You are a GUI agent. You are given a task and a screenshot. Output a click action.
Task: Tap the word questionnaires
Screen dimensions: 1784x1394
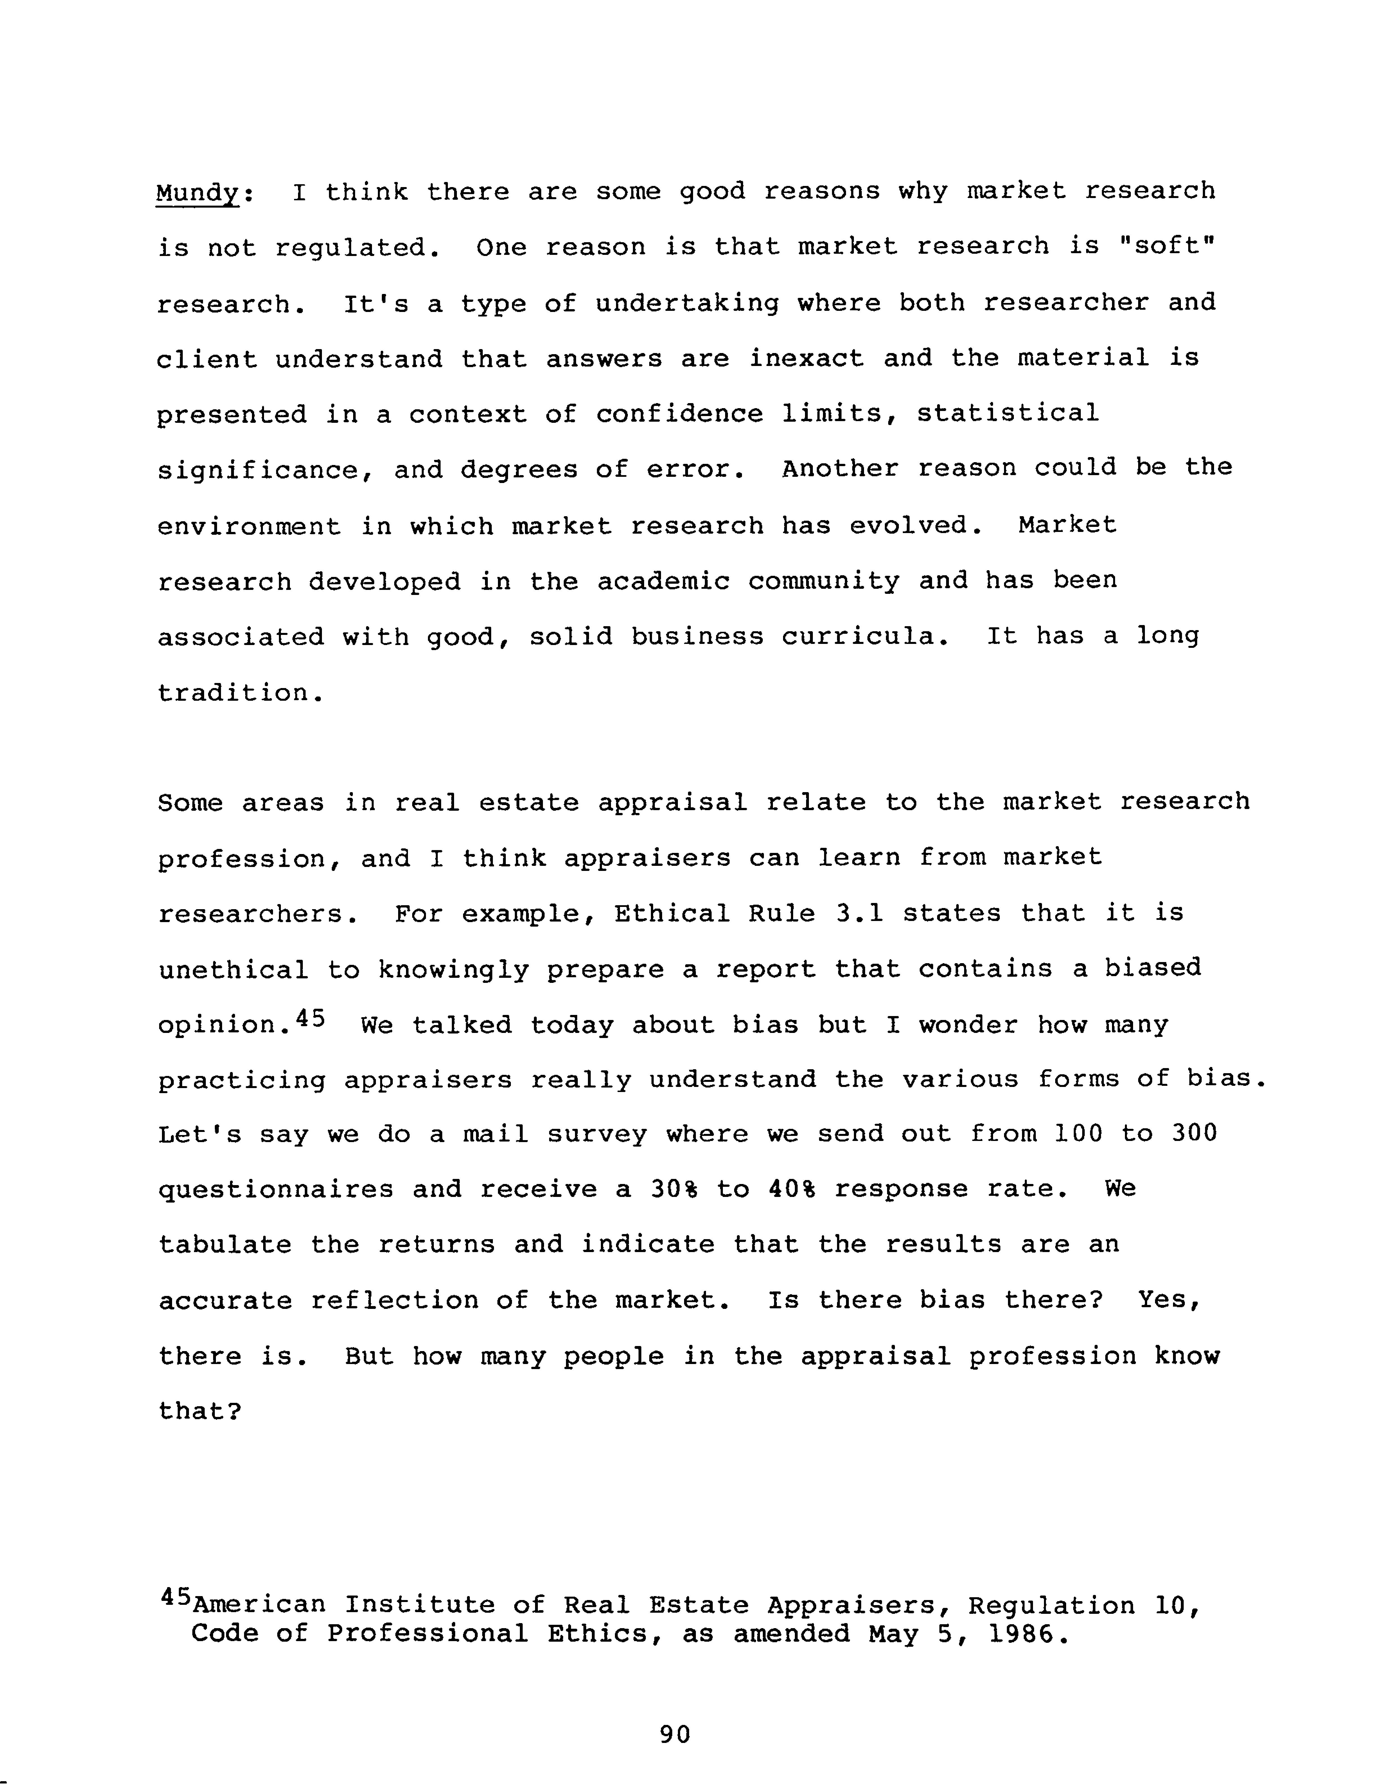tap(275, 1189)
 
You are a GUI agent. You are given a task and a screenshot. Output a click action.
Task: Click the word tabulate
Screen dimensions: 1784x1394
tap(225, 1245)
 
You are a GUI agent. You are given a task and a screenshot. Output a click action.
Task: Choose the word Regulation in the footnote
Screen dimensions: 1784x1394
tap(1052, 1606)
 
